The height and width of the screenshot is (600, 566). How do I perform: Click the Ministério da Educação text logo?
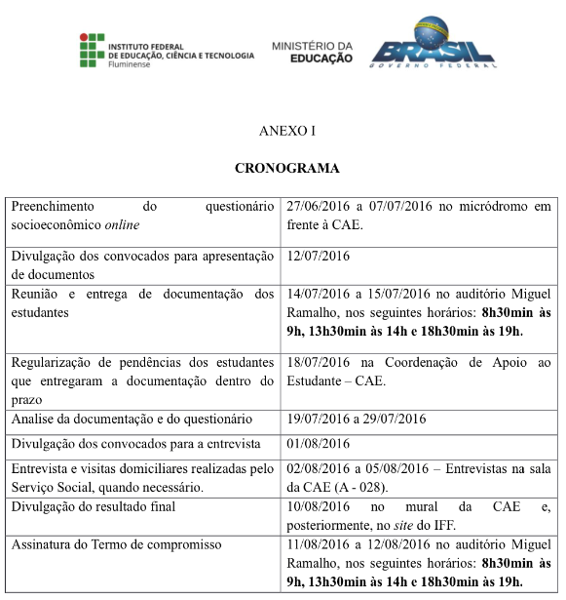click(x=312, y=52)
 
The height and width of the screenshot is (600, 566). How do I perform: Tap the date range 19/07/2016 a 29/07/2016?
click(x=358, y=420)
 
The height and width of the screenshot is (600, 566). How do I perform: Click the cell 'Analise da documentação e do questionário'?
click(x=132, y=420)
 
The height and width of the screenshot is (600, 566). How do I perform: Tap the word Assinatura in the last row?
click(x=44, y=543)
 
